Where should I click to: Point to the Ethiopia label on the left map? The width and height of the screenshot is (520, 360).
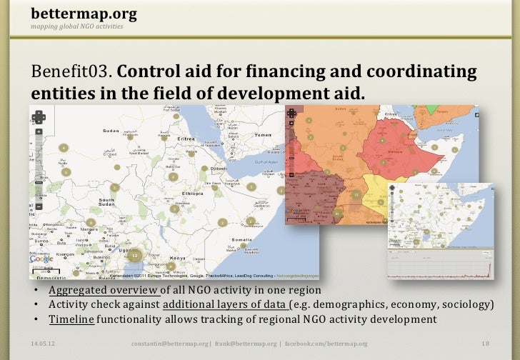pos(193,193)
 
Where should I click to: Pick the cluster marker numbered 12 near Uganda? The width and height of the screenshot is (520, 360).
pos(134,255)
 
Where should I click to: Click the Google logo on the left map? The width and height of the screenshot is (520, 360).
pos(43,259)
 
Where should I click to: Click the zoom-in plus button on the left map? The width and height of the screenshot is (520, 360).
pos(39,132)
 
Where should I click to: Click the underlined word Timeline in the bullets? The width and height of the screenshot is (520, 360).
pos(71,319)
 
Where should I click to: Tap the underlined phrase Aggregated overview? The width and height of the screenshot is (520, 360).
pos(103,291)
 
